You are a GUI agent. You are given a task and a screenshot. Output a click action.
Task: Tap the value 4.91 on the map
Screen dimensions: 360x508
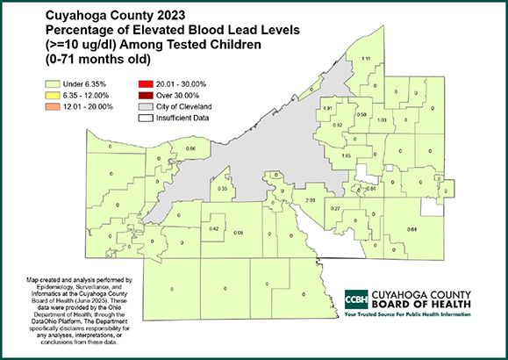pyautogui.click(x=328, y=108)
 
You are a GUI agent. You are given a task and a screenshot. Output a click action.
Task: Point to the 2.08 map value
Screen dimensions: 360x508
pyautogui.click(x=310, y=201)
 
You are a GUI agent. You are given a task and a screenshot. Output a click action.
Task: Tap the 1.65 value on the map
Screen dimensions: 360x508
pyautogui.click(x=346, y=155)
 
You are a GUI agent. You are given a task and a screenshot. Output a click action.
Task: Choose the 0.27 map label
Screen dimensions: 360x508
pyautogui.click(x=335, y=208)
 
